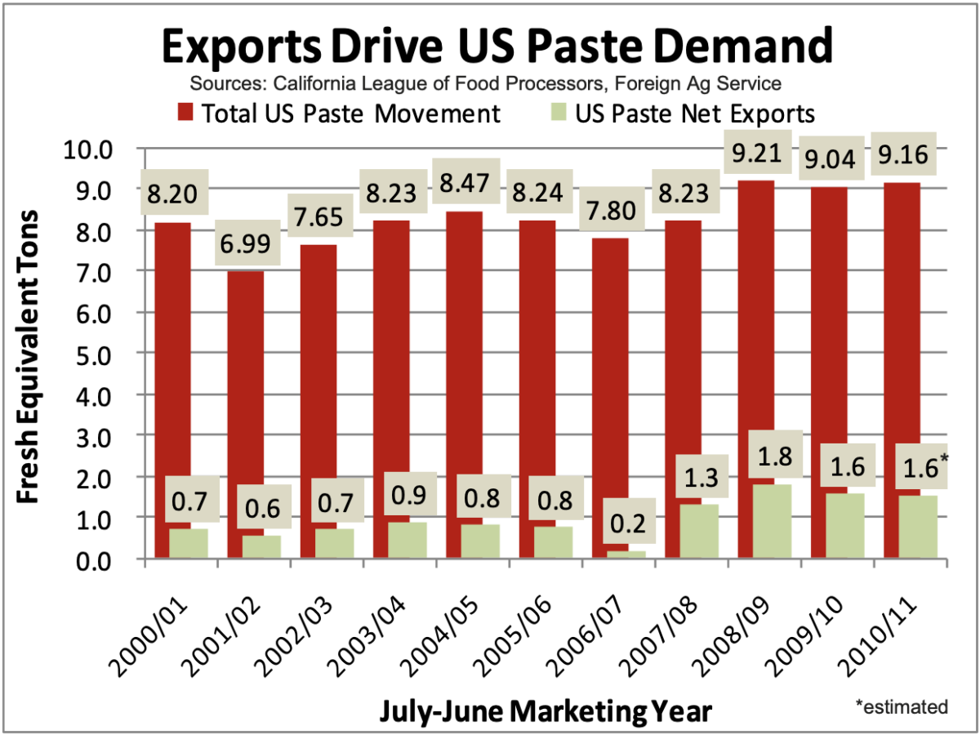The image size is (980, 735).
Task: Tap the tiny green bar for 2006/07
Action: click(x=626, y=555)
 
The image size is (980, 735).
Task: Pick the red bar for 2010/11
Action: click(x=900, y=327)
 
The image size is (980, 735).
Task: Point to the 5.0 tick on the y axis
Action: click(x=96, y=353)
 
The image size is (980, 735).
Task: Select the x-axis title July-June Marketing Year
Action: click(x=545, y=709)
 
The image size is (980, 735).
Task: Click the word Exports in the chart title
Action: click(x=239, y=45)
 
